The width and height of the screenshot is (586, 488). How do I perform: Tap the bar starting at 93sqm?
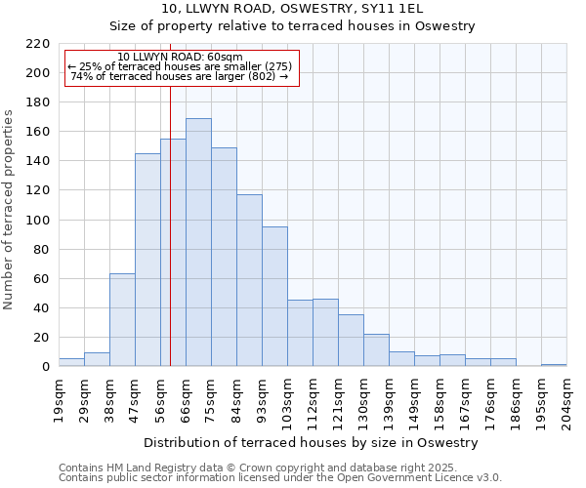point(274,297)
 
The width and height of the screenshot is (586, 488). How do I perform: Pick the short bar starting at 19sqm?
point(71,362)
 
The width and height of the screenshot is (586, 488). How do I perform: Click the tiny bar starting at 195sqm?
point(554,365)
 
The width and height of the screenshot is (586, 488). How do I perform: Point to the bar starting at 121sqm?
point(351,341)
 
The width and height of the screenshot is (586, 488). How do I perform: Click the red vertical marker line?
point(170,244)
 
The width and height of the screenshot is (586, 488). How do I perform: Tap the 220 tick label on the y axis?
point(38,44)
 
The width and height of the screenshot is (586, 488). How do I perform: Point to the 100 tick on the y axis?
point(38,221)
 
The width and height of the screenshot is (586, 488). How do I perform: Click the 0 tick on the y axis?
point(46,367)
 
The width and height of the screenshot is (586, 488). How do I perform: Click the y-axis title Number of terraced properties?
point(10,210)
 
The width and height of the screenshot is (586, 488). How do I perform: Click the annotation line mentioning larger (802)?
point(180,76)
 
